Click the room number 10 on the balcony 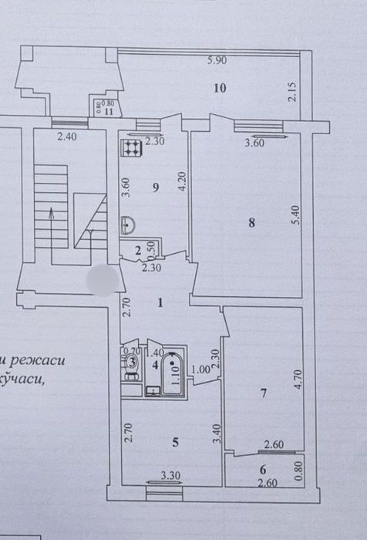click(220, 88)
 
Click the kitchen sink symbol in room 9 click(130, 224)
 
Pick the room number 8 click(251, 223)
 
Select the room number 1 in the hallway click(160, 302)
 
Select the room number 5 click(175, 442)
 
